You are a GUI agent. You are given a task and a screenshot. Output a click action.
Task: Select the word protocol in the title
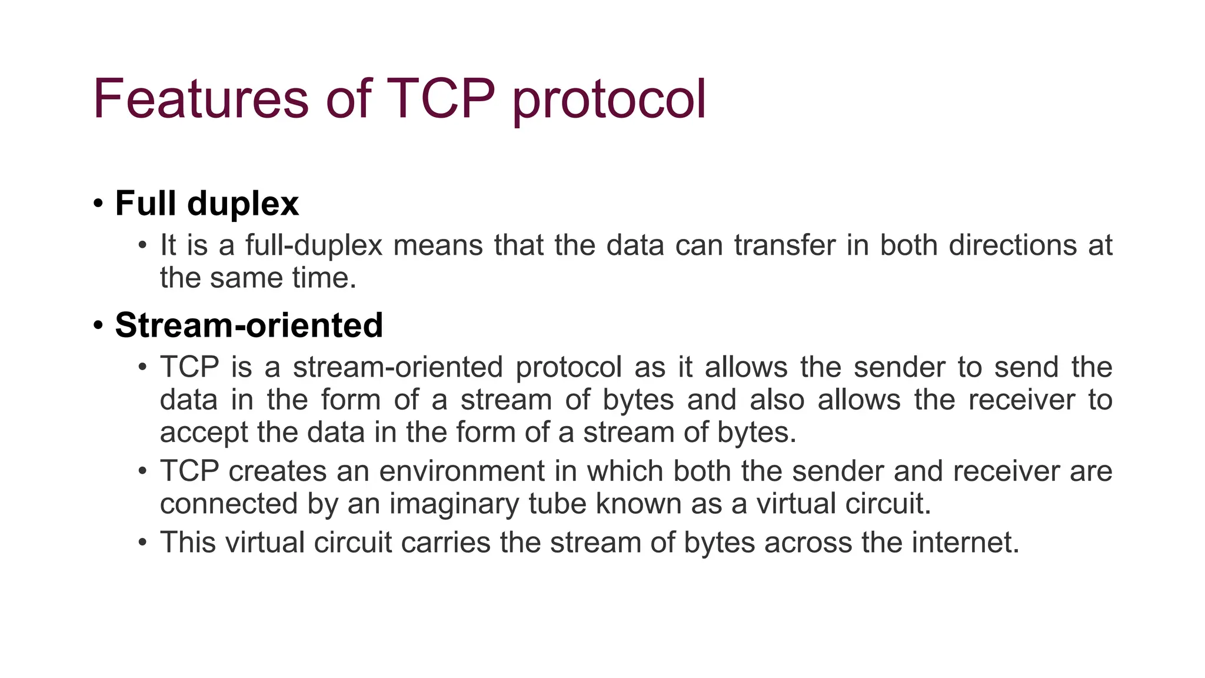609,100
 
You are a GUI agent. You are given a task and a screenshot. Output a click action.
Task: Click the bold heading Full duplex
207,204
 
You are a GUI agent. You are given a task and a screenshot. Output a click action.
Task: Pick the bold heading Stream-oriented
249,325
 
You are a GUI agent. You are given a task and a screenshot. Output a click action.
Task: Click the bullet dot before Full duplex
98,204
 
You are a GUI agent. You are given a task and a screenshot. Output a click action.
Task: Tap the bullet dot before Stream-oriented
98,325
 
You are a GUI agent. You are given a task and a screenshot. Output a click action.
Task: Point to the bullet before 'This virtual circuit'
142,542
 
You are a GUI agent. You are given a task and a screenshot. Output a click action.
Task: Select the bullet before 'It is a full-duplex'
142,245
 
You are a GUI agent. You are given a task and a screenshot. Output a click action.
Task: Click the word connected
228,504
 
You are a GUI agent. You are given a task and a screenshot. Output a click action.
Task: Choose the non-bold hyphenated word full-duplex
314,245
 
